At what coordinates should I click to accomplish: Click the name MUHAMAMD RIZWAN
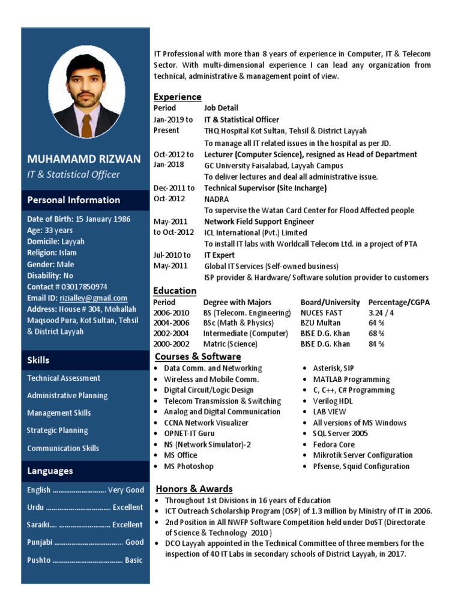pos(84,159)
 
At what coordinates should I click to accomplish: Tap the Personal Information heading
pos(73,200)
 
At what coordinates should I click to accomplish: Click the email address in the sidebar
pos(93,298)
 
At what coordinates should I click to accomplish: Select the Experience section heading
pos(178,97)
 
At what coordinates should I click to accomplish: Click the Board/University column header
pos(330,302)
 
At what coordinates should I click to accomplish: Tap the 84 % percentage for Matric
pos(376,344)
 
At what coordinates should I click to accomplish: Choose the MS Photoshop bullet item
pos(188,466)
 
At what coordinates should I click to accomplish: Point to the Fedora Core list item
pos(334,444)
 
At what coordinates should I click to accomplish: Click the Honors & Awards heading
pos(194,488)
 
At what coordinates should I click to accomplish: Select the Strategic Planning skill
pos(58,430)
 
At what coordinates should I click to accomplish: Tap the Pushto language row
pos(85,560)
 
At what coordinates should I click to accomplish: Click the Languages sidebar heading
pos(50,471)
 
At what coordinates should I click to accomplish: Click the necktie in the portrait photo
pos(86,125)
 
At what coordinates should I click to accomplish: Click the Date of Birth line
pos(79,219)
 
